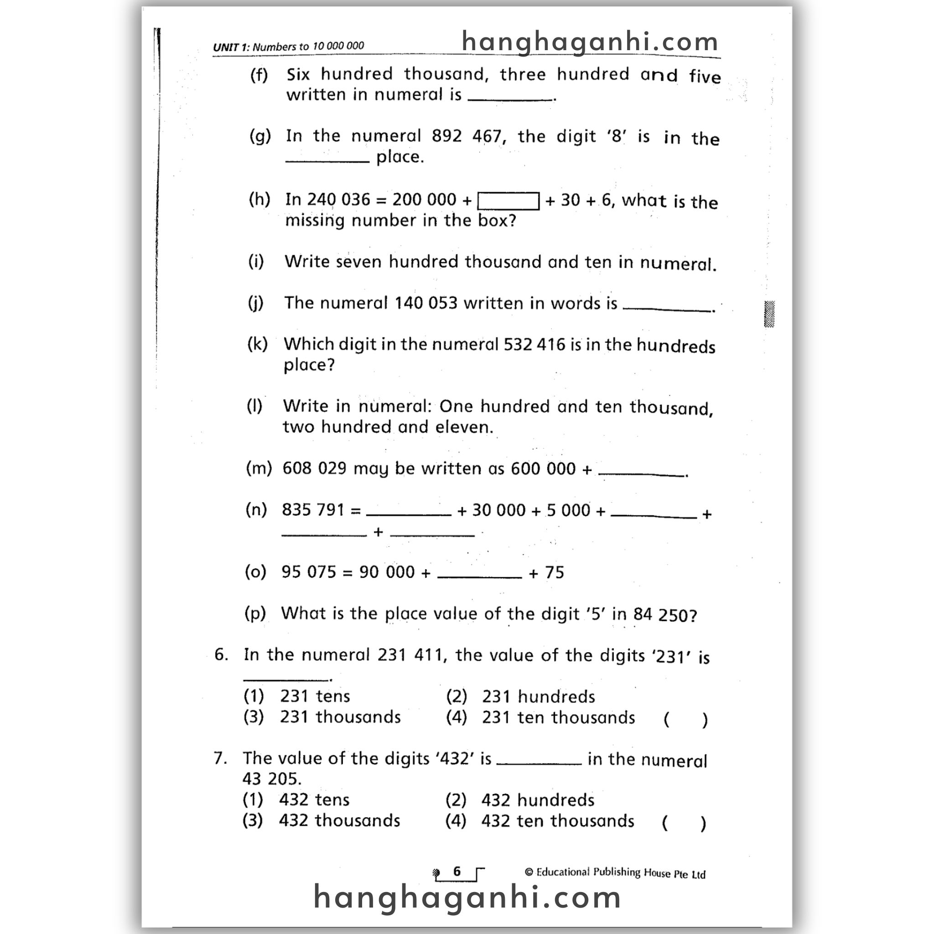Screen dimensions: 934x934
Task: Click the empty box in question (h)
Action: (508, 201)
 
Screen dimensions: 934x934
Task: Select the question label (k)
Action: (257, 344)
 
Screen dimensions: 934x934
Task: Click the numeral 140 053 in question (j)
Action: (426, 303)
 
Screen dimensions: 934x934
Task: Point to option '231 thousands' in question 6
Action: (340, 717)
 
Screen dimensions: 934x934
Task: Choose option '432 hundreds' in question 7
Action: (538, 800)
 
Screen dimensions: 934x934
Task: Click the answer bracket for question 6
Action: (685, 720)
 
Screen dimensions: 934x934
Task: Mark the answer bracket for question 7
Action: (684, 823)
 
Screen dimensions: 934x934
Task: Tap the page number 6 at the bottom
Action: (457, 872)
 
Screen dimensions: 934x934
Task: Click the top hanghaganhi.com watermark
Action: (590, 42)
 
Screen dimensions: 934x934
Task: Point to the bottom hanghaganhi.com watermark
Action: (467, 898)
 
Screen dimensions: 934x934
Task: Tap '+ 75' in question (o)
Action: (546, 573)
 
